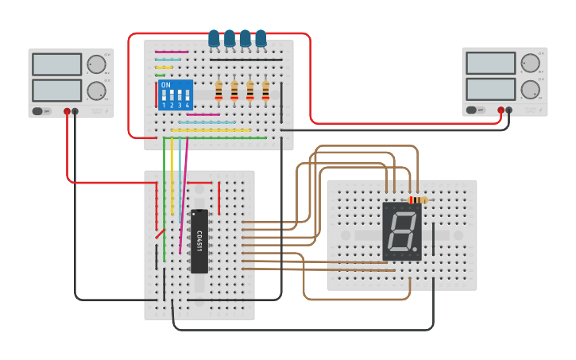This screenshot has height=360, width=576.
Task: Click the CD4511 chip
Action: [x=199, y=241]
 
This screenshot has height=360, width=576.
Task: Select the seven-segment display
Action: [x=402, y=231]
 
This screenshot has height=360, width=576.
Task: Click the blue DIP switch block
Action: [x=176, y=95]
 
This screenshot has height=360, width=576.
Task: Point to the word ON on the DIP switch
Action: [x=165, y=85]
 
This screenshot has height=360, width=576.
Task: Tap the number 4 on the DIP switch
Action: [x=188, y=105]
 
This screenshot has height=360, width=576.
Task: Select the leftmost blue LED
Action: [x=214, y=38]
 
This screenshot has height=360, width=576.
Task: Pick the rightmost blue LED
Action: [x=261, y=38]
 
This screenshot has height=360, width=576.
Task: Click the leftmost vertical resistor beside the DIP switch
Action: [x=218, y=91]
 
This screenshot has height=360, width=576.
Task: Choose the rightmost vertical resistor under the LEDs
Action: [x=265, y=91]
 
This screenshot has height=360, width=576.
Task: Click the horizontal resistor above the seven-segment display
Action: [x=416, y=200]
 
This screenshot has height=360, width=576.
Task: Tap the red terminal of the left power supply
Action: [x=68, y=111]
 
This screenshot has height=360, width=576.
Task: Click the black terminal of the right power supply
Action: [x=509, y=110]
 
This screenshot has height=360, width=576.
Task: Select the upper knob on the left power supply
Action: [x=96, y=64]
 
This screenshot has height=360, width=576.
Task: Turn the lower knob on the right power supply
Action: [x=530, y=88]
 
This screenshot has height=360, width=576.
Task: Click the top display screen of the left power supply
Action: [x=57, y=64]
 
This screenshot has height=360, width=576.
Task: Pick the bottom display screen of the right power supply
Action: [x=491, y=88]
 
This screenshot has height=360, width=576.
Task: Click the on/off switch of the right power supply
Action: [x=473, y=110]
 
